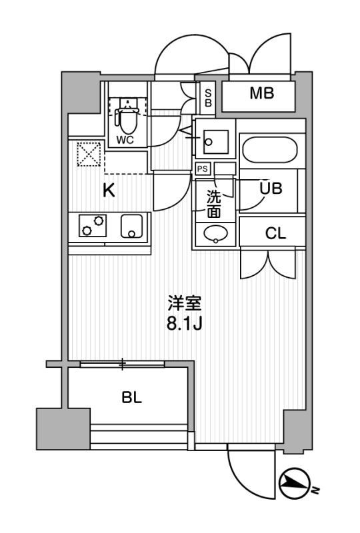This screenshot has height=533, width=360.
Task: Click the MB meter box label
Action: click(x=261, y=93)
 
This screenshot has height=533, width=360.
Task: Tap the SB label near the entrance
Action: click(x=208, y=97)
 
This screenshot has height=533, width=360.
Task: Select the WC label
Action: click(x=125, y=140)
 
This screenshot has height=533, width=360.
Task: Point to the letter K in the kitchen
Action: click(x=109, y=191)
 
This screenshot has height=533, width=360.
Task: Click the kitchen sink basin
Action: click(x=131, y=226)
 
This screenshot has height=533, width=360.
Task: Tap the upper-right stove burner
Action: click(x=99, y=221)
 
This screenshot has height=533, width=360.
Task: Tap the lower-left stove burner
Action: click(x=87, y=231)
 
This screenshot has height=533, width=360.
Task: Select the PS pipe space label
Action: click(x=203, y=169)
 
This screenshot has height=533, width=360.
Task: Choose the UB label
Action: click(x=271, y=188)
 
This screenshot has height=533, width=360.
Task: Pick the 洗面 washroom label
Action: click(x=214, y=204)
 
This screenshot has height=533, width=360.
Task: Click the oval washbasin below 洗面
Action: click(x=216, y=234)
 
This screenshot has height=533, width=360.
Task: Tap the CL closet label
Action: click(x=275, y=234)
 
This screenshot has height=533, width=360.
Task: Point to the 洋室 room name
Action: click(x=185, y=304)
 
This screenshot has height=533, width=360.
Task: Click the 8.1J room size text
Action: click(x=185, y=324)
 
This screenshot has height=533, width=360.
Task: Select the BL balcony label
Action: click(x=132, y=397)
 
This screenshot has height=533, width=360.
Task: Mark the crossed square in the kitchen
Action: click(x=89, y=155)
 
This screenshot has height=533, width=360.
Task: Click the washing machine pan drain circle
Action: click(x=209, y=143)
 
